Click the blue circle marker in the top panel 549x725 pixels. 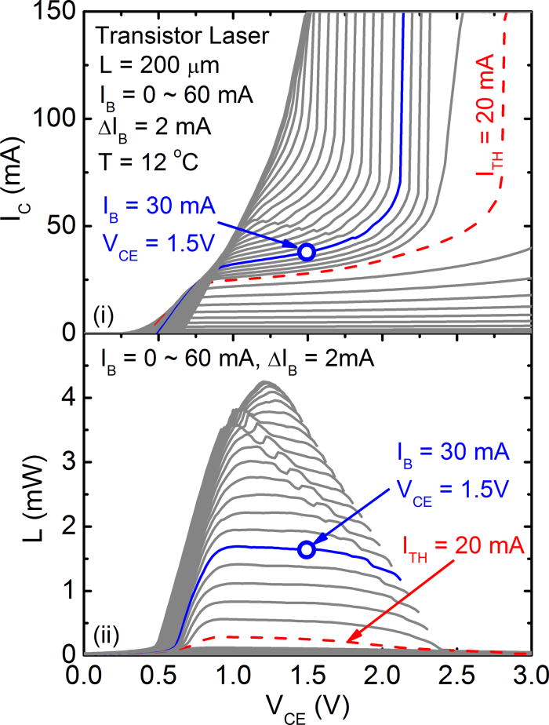[307, 251]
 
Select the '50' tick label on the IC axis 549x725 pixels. [57, 226]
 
